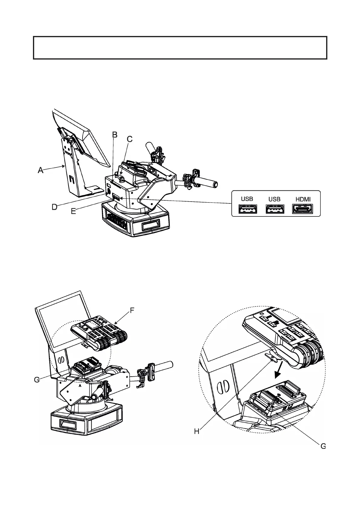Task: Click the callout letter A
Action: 40,170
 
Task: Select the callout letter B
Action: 115,135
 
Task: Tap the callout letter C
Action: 129,139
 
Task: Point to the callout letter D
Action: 54,207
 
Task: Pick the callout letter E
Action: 73,211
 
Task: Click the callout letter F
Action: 132,310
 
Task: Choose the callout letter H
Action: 197,431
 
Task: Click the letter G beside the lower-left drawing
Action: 37,380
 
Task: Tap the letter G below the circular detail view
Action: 323,446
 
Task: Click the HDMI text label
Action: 303,199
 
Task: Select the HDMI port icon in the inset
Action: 303,209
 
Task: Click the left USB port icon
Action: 248,209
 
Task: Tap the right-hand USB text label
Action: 274,199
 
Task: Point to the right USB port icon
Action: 275,209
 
